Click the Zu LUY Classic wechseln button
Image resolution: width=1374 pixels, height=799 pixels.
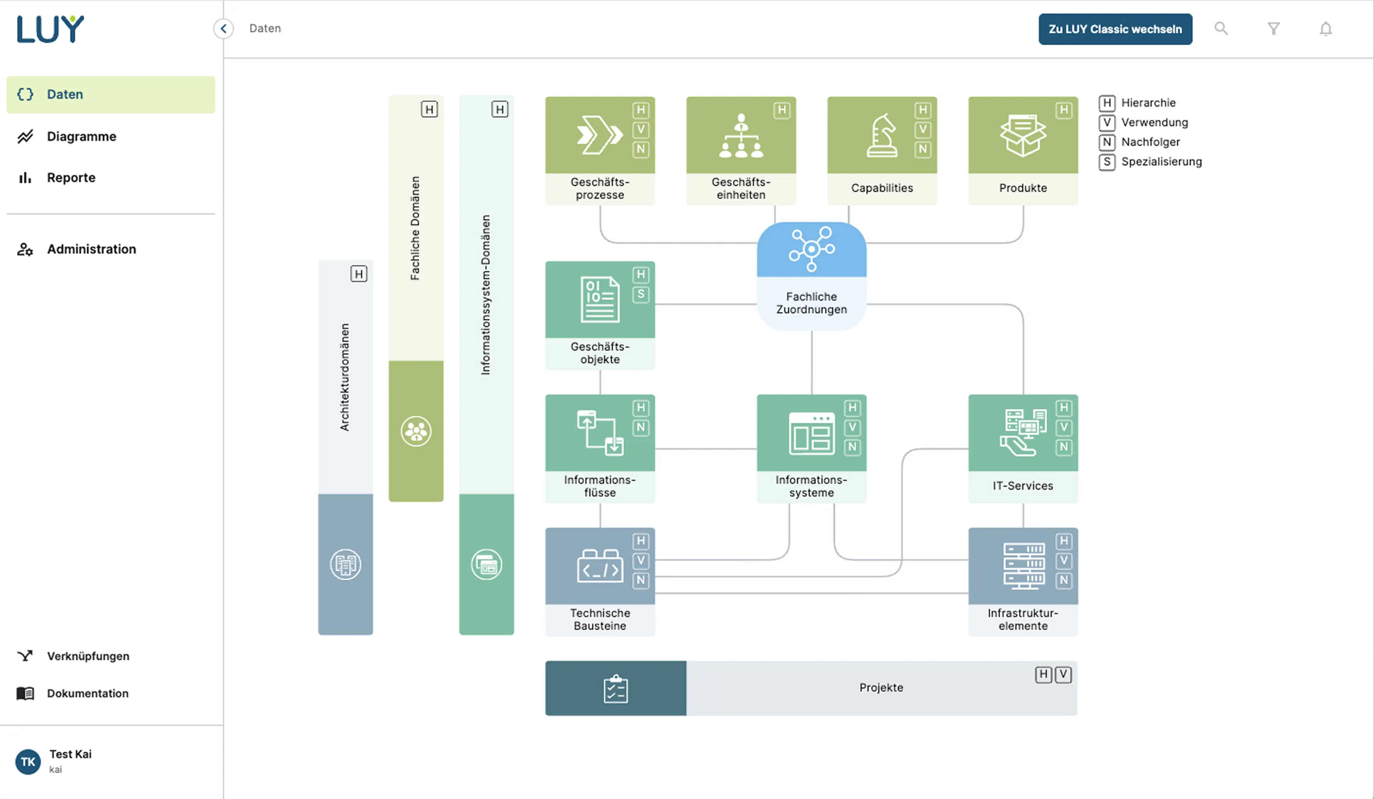click(1114, 29)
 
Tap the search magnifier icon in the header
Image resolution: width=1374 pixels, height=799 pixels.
click(1221, 28)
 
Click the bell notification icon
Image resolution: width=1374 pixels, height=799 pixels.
click(1325, 28)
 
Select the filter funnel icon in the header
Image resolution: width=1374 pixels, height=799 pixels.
click(1273, 28)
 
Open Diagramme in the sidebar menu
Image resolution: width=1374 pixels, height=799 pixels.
click(81, 136)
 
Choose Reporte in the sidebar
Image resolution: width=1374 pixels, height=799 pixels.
click(71, 178)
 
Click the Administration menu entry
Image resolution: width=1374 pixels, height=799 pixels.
click(91, 249)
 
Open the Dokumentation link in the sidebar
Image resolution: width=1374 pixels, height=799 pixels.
click(87, 693)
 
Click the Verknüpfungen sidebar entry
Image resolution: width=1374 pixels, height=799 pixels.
click(88, 656)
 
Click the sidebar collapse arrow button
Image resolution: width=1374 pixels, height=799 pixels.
click(223, 28)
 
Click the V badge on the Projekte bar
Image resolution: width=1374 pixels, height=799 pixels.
click(1063, 675)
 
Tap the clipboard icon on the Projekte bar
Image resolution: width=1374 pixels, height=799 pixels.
click(616, 688)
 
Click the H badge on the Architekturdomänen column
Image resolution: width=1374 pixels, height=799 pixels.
click(358, 274)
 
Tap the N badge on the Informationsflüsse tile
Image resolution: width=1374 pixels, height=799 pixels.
click(641, 428)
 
